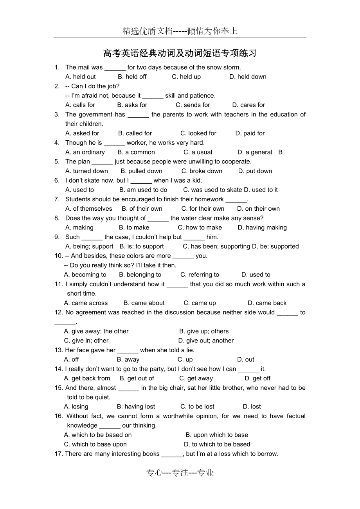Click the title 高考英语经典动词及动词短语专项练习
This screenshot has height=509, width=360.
(x=180, y=53)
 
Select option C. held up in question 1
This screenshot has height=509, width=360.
(x=186, y=77)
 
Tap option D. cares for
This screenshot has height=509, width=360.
(x=248, y=105)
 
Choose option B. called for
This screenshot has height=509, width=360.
(x=135, y=133)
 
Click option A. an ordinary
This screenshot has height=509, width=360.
(x=85, y=152)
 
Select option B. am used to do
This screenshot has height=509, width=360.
(x=143, y=190)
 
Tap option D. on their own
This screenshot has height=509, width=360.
(x=258, y=209)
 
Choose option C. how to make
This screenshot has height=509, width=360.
(x=200, y=228)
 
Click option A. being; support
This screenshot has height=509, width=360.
(x=89, y=246)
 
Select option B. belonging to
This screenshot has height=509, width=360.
(x=140, y=274)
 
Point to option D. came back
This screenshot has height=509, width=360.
(x=267, y=303)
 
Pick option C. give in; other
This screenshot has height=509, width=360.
(x=86, y=341)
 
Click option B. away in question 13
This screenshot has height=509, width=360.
(x=128, y=359)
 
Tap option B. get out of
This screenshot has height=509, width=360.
(x=137, y=378)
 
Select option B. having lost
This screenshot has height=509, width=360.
(x=136, y=407)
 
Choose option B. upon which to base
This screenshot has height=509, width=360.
(x=217, y=435)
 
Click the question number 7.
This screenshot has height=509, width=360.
(x=57, y=199)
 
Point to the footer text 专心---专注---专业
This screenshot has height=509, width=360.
(x=180, y=473)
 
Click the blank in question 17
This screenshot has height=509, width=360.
(x=172, y=454)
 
